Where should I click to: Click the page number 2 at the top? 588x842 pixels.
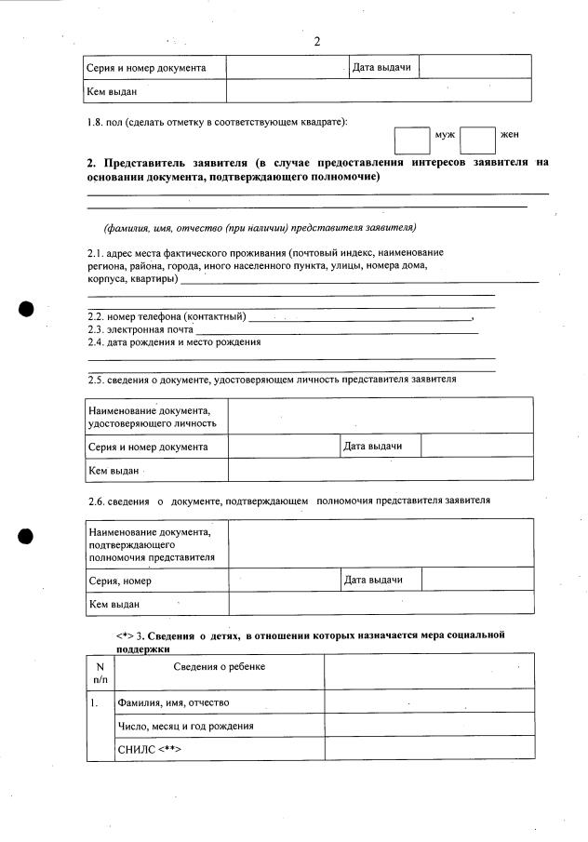[x=317, y=41]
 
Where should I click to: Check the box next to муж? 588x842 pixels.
[x=411, y=140]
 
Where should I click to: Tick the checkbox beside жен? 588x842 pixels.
[x=477, y=140]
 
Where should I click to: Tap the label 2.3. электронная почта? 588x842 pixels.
[x=140, y=329]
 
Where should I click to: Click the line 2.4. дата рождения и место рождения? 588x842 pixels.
[x=174, y=341]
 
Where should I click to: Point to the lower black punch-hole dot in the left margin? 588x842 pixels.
[x=27, y=536]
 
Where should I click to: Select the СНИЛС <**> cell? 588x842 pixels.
[x=149, y=748]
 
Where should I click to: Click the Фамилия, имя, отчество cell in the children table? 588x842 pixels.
[x=173, y=702]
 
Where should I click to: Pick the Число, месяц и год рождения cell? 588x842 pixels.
[x=185, y=725]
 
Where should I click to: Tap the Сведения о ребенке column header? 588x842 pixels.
[x=219, y=666]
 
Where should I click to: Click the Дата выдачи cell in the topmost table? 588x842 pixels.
[x=381, y=67]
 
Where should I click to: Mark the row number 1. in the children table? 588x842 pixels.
[x=95, y=702]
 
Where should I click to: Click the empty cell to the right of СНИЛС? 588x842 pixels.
[x=429, y=748]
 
